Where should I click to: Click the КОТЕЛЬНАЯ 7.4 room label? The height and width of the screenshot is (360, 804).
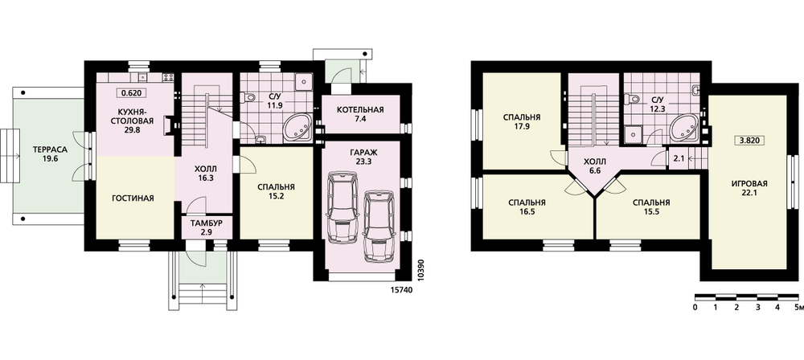coord(360,114)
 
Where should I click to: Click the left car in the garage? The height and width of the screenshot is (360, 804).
coord(343,207)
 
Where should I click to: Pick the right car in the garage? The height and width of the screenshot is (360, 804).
coord(379,226)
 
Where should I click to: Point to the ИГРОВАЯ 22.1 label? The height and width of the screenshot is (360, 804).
coord(749,188)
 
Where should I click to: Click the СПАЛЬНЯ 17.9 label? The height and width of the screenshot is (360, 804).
coord(522,121)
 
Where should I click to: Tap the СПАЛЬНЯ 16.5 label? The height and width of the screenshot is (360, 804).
coord(527,207)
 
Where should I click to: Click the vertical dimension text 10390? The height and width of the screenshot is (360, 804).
coord(421,268)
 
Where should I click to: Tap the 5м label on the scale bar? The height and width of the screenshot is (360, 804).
coord(798,308)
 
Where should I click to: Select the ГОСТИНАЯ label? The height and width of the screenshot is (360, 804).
coord(133,198)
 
